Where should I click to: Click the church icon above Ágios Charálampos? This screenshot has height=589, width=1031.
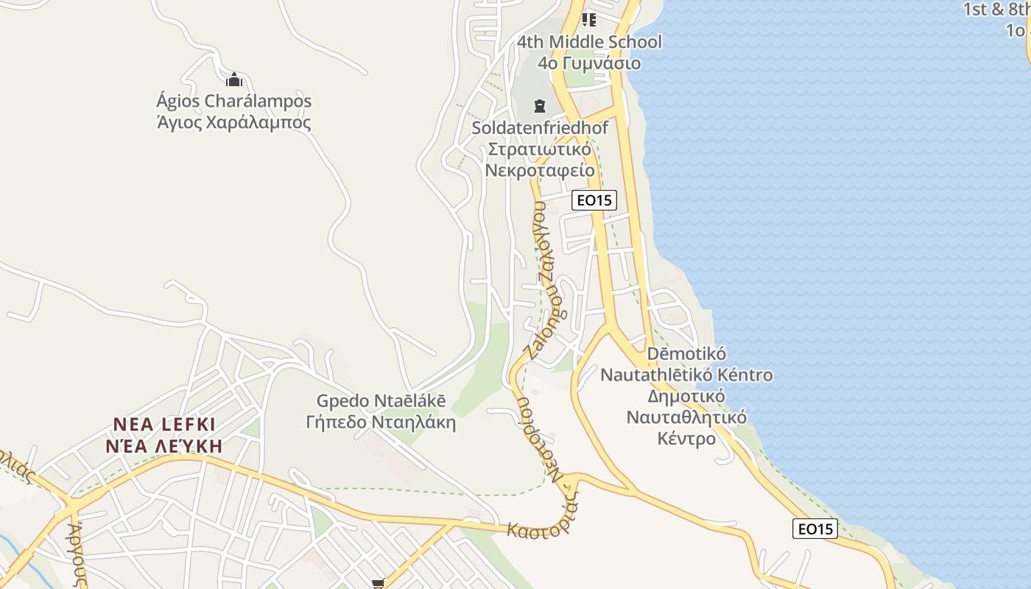(234, 80)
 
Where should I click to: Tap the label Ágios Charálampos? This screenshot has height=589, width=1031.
(233, 101)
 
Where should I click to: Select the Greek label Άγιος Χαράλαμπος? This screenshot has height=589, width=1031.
(233, 122)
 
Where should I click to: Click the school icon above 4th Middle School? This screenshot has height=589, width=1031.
(588, 19)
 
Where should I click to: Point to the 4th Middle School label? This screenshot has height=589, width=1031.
(588, 42)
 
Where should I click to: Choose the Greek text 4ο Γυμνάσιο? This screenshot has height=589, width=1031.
(588, 63)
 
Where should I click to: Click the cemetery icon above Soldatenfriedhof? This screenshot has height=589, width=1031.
(540, 106)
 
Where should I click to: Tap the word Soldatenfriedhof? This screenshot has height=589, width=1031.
(540, 128)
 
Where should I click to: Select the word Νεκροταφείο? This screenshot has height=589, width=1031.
(540, 171)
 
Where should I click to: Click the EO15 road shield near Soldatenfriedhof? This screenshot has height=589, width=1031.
(594, 200)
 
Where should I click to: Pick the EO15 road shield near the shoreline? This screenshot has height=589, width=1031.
(815, 529)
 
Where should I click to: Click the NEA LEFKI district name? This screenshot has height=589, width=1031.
(164, 425)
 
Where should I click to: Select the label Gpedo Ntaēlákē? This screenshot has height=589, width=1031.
(381, 401)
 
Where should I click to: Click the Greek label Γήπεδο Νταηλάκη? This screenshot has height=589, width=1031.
(381, 423)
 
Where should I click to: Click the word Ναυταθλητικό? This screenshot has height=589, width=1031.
(686, 417)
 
